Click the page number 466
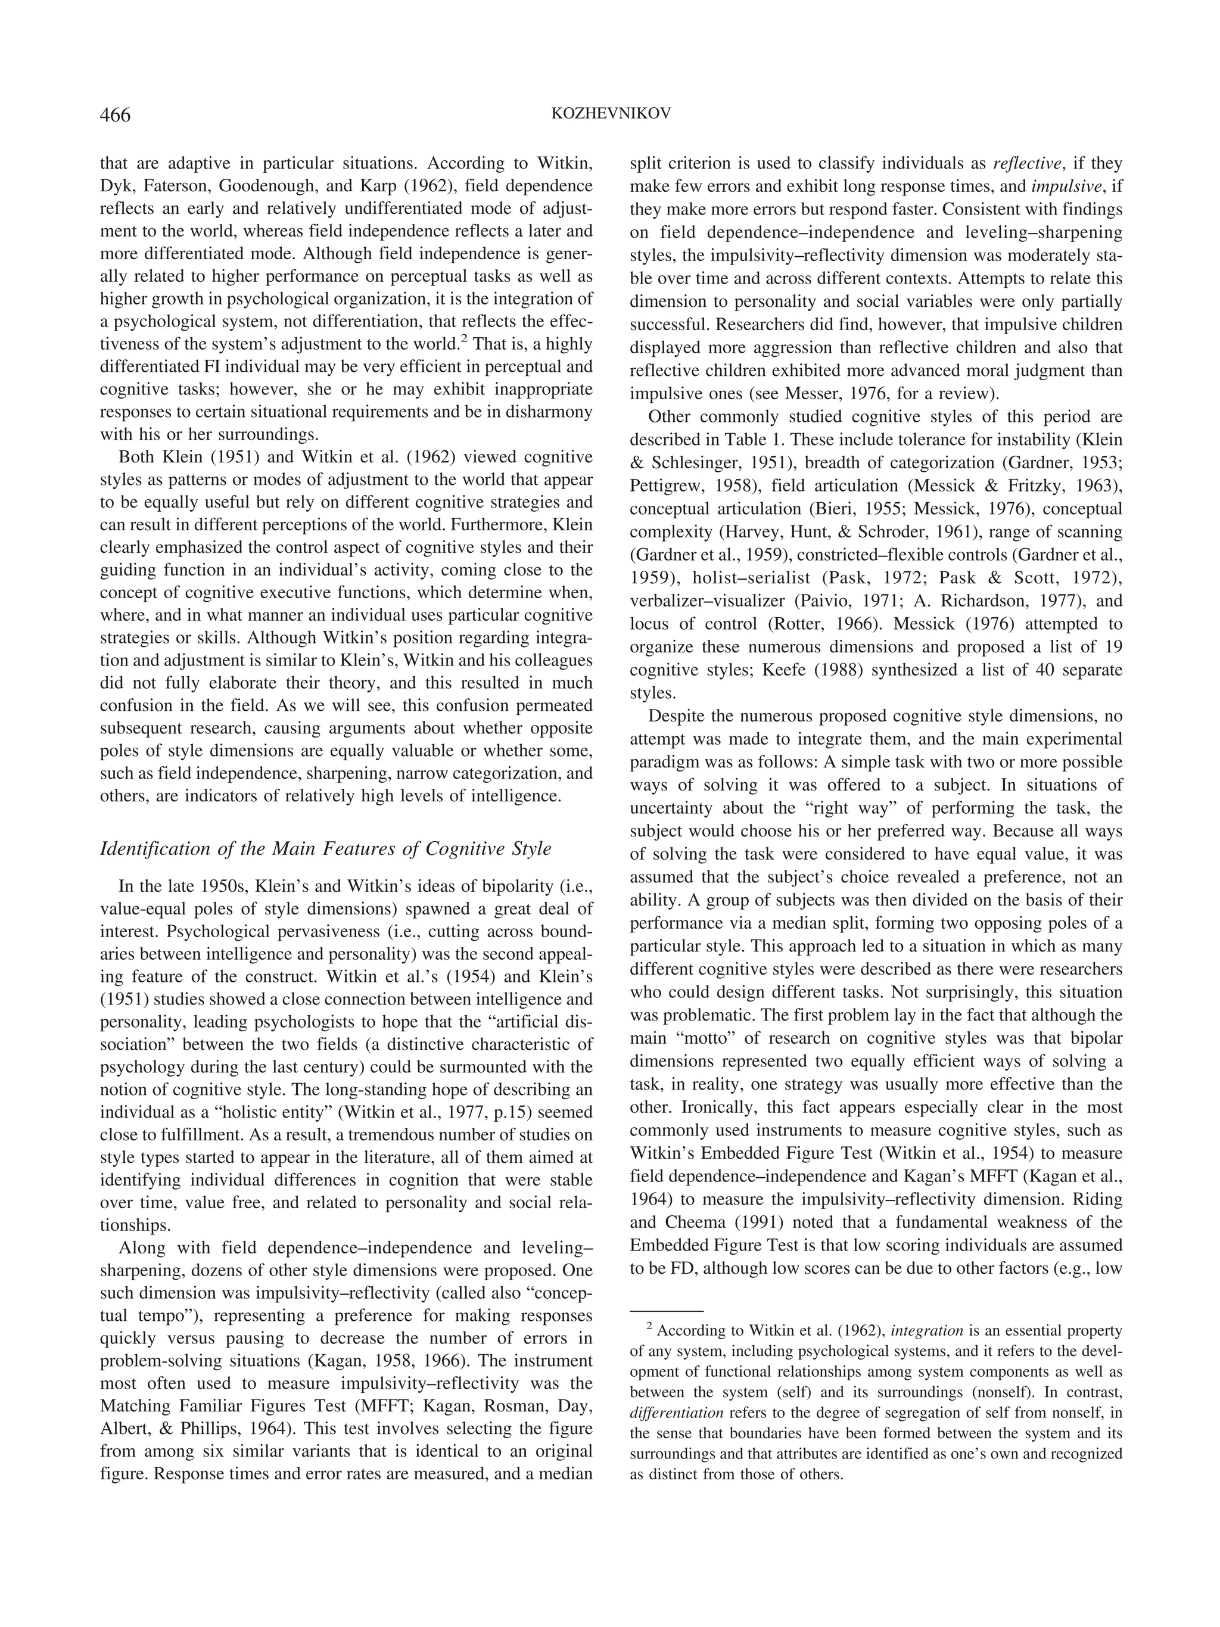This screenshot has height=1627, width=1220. (116, 116)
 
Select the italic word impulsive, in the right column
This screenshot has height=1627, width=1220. (1063, 186)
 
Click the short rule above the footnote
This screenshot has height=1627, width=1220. (666, 1311)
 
